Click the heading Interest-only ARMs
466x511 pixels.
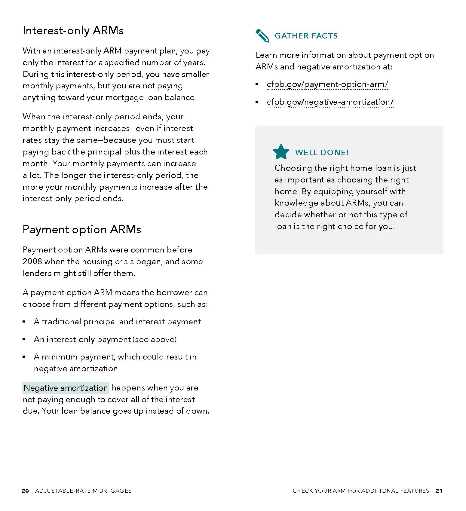coord(73,31)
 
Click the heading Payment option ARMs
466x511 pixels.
coord(82,230)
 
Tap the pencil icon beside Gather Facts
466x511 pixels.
coord(262,35)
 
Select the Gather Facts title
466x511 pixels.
coord(306,36)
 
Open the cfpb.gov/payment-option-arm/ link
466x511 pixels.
coord(327,84)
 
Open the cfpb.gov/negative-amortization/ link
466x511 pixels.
coord(330,102)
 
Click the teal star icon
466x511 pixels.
coord(281,152)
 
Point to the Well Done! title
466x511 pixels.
coord(322,152)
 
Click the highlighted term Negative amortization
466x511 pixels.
coord(66,388)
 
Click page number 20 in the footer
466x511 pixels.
coord(25,491)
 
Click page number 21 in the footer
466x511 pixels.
coord(439,491)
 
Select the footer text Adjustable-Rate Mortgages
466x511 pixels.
coord(83,491)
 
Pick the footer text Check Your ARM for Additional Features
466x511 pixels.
coord(361,491)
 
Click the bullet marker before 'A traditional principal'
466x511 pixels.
coord(24,322)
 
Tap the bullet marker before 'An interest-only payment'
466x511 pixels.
coord(24,340)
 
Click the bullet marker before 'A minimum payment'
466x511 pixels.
coord(24,357)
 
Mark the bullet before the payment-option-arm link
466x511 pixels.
coord(257,84)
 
